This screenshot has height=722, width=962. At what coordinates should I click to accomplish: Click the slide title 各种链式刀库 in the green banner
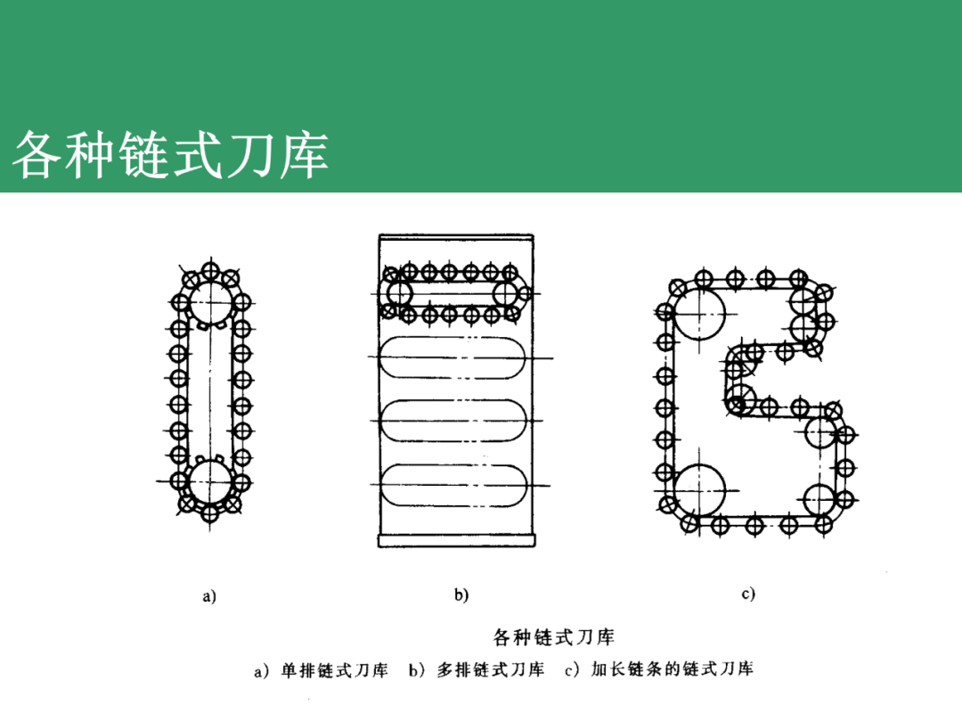[169, 154]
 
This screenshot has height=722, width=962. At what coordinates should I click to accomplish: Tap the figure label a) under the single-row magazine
[209, 595]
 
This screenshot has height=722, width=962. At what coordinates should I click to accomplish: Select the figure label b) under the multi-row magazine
[461, 595]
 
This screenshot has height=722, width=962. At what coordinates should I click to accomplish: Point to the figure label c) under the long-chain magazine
[748, 593]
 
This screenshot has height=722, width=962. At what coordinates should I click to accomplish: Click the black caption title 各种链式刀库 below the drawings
[553, 637]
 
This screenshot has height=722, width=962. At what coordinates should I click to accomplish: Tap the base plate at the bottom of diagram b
[457, 540]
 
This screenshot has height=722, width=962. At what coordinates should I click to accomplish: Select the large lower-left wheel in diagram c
[699, 489]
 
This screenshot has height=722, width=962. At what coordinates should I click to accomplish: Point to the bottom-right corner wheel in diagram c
[819, 500]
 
